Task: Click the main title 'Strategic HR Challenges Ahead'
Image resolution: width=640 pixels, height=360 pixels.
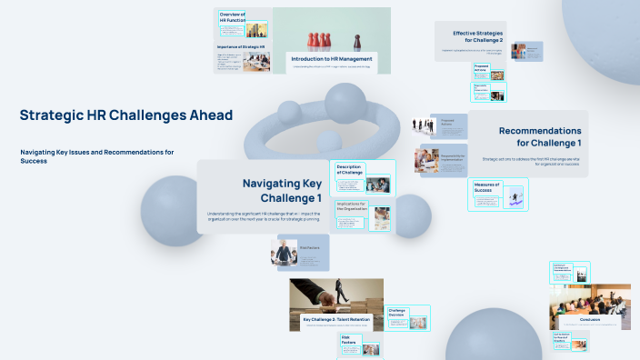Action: tap(125, 115)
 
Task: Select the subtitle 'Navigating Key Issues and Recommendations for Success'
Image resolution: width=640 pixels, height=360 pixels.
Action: tap(96, 155)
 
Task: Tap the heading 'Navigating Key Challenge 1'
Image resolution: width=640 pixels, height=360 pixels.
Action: tap(281, 190)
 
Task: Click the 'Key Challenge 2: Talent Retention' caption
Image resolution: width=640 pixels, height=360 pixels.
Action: tap(336, 320)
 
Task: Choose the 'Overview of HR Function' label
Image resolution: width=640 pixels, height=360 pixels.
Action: tap(234, 16)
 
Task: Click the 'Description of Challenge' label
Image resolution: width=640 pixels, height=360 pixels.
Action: tap(349, 170)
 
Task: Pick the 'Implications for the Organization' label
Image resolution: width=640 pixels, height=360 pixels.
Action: tap(351, 206)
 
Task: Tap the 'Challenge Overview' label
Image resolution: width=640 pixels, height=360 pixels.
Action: tap(397, 313)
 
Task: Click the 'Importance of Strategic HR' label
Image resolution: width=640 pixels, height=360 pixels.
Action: tap(240, 46)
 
